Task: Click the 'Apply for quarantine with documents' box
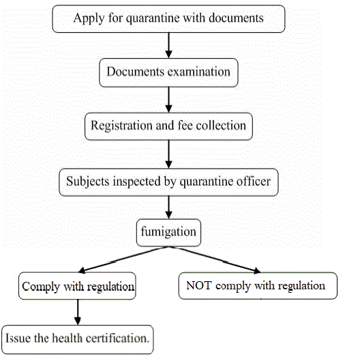[168, 18]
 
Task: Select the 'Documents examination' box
[168, 72]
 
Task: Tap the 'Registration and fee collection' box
[168, 126]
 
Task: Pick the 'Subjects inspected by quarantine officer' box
[168, 182]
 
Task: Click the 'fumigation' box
[168, 232]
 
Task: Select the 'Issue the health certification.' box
[78, 338]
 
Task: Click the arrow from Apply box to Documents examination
[168, 45]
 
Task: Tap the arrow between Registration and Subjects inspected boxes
[168, 154]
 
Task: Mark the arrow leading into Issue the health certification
[78, 312]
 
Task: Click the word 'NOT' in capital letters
[199, 285]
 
